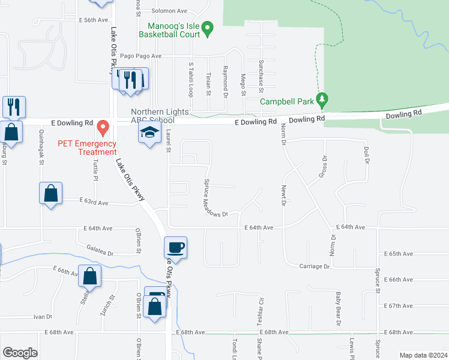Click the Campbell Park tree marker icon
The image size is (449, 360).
click(x=322, y=98)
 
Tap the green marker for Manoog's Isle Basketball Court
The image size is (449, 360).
click(x=208, y=28)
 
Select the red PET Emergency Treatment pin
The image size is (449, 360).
click(x=102, y=127)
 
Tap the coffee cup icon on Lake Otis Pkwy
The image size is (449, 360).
click(x=176, y=247)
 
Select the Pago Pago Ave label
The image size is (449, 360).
click(x=141, y=56)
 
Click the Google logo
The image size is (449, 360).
click(x=20, y=353)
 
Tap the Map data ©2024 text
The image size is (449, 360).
click(x=423, y=355)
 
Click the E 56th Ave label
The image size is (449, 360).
click(x=92, y=20)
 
